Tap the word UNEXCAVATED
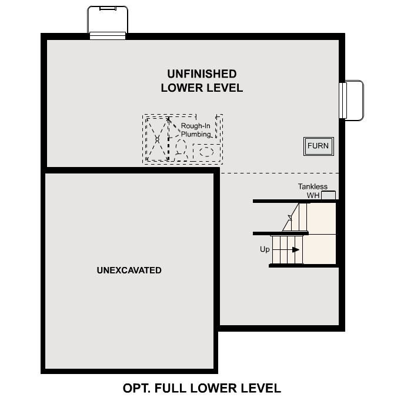tap(129, 271)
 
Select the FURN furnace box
tap(319, 146)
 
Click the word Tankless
tap(313, 187)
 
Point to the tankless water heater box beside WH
tap(328, 195)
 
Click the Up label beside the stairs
tap(265, 249)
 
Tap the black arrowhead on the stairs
tap(296, 249)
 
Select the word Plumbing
tap(195, 134)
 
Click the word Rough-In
tap(195, 126)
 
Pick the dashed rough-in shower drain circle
tap(157, 139)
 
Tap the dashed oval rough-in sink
tap(206, 152)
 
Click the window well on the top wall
tap(107, 21)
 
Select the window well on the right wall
tap(353, 100)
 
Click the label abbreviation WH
tap(312, 195)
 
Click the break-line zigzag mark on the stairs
tap(288, 222)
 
